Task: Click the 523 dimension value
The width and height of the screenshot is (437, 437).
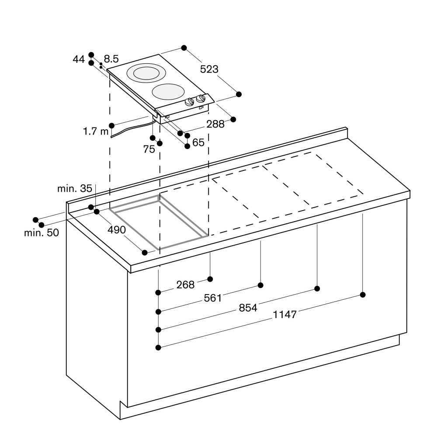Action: (x=209, y=69)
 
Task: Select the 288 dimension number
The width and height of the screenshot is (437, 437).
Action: (x=215, y=124)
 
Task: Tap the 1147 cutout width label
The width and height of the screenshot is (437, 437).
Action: (x=284, y=315)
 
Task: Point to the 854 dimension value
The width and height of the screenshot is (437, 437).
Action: (x=248, y=308)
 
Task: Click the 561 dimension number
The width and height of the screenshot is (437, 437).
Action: (x=213, y=298)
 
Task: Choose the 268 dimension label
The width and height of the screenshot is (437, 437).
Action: (x=185, y=285)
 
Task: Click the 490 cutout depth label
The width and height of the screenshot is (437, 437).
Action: (x=117, y=230)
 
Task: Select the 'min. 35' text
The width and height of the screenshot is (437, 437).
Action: (x=74, y=189)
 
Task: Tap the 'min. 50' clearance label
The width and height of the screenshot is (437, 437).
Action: (x=42, y=233)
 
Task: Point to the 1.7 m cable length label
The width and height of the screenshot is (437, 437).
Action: (x=96, y=131)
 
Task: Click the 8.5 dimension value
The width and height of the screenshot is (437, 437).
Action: (x=111, y=59)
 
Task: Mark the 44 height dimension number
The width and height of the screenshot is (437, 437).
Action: (x=79, y=59)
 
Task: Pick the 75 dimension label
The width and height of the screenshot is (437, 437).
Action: (x=149, y=149)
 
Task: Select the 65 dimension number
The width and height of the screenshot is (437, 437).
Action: (x=198, y=143)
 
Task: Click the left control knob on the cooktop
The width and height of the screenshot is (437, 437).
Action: (x=190, y=102)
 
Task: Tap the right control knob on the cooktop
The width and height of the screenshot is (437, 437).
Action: (x=201, y=98)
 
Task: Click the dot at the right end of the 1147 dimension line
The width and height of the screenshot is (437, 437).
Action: (x=363, y=295)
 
